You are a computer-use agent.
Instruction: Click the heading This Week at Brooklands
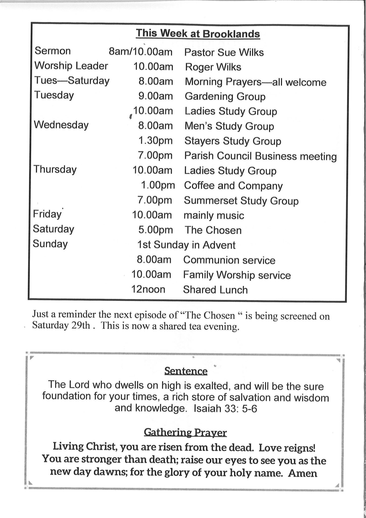point(198,34)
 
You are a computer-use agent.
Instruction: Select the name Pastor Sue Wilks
point(224,53)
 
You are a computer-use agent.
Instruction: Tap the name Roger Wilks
point(213,67)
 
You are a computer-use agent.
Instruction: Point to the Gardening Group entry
point(225,97)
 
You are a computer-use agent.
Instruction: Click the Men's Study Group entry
point(229,126)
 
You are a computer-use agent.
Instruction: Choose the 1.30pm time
point(155,141)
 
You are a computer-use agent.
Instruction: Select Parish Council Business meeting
point(260,156)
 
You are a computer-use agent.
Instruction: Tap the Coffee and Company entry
point(233,186)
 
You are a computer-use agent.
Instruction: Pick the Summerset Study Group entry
point(241,201)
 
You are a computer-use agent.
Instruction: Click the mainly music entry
point(214,215)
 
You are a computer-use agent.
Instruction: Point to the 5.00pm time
point(155,230)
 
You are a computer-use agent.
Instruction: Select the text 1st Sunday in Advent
point(186,245)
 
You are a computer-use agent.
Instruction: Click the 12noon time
point(148,289)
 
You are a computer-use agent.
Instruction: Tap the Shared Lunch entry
point(215,290)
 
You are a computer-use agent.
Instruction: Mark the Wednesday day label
point(61,125)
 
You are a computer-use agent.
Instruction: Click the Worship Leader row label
point(71,66)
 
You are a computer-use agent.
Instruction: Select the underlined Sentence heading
point(186,371)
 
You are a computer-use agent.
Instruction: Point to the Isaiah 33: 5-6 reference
point(225,409)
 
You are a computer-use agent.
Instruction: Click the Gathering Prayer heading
point(185,432)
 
